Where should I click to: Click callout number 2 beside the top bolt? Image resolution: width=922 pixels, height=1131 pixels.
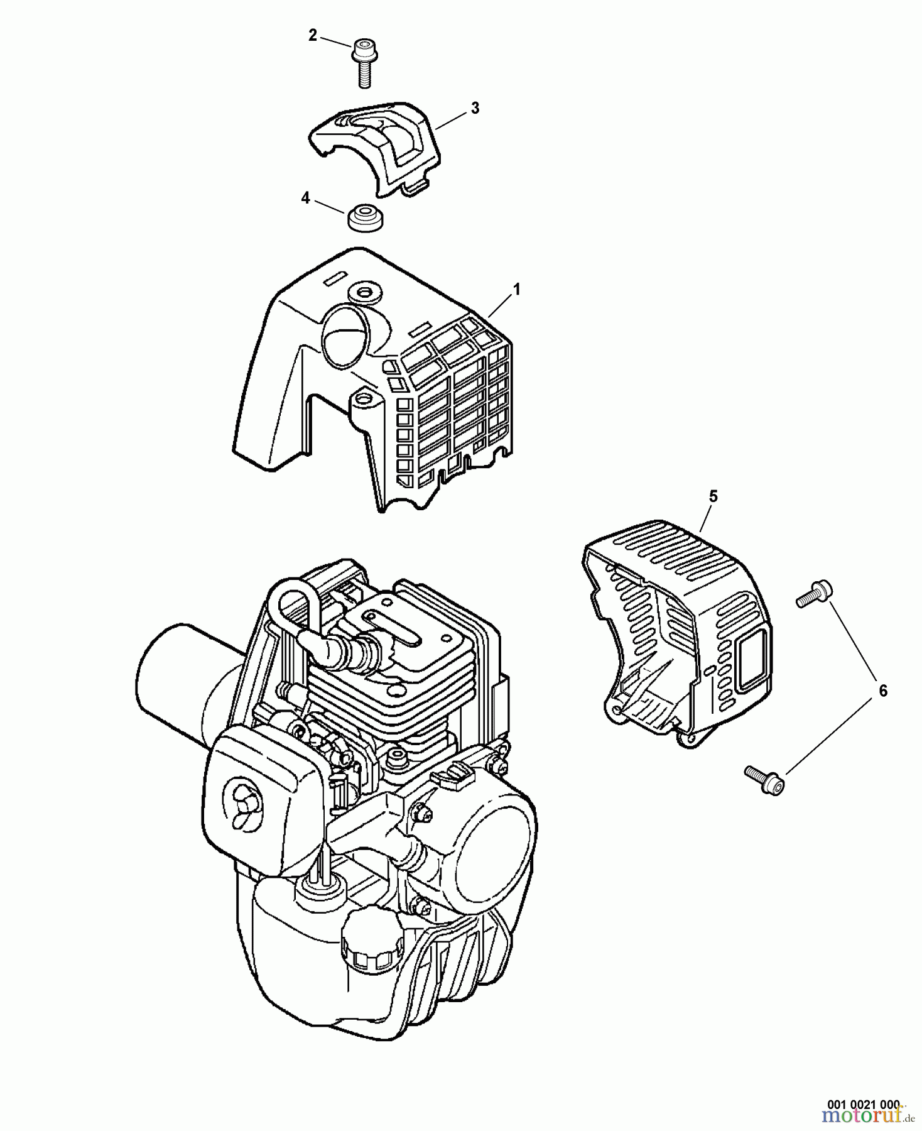click(x=312, y=36)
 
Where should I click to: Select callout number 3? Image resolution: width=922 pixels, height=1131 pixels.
click(x=475, y=109)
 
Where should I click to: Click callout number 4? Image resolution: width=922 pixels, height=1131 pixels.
click(x=305, y=199)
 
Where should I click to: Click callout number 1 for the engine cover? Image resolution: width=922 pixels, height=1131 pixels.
click(x=516, y=290)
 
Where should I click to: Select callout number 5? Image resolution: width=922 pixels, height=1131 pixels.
click(x=713, y=496)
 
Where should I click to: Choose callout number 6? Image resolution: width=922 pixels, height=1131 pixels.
click(x=883, y=691)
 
